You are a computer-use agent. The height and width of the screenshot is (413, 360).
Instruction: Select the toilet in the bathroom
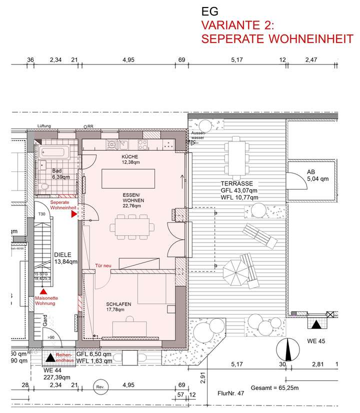tap(44, 186)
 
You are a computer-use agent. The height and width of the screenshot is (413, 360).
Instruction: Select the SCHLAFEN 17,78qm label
tap(118, 306)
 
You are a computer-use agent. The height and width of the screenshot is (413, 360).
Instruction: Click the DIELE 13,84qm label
tap(65, 257)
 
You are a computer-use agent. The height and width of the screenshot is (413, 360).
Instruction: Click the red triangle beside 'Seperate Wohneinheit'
tap(74, 214)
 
